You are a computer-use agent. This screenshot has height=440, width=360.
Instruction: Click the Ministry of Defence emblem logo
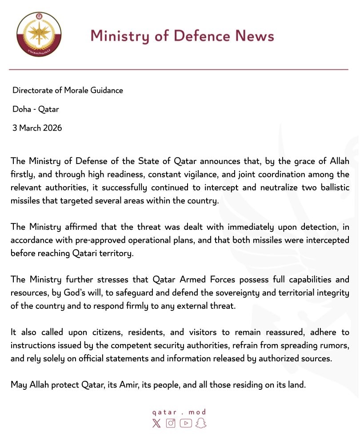(39, 35)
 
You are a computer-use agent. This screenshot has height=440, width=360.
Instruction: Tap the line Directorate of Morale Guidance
(68, 90)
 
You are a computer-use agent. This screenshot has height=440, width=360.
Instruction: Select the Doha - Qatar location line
(36, 109)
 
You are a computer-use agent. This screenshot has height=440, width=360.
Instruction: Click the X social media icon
(156, 423)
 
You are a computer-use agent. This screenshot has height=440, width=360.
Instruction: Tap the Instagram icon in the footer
(171, 423)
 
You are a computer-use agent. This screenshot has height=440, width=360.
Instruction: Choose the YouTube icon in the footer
(186, 423)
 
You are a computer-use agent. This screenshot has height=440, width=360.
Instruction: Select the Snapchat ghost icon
(201, 423)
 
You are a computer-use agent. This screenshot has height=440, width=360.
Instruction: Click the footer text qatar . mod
(179, 412)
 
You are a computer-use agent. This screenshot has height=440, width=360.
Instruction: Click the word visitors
(169, 332)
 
